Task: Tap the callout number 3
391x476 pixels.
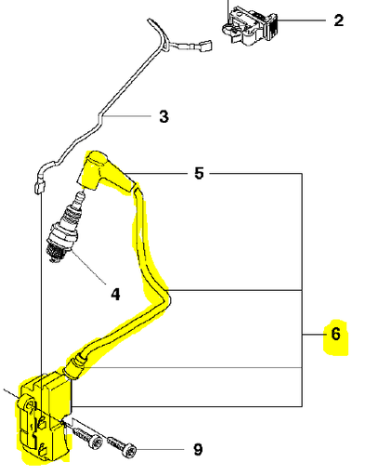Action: (163, 117)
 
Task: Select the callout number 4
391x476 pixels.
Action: (115, 295)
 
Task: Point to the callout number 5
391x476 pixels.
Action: (198, 173)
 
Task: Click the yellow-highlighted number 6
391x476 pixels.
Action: (335, 333)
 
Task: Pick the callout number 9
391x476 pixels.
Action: (198, 450)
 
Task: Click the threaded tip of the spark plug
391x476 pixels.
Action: (63, 248)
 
